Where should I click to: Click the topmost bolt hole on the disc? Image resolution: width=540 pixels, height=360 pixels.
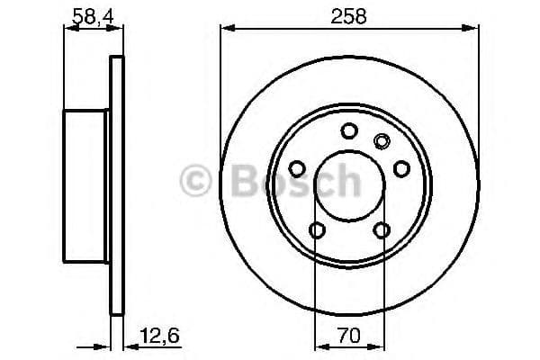348,131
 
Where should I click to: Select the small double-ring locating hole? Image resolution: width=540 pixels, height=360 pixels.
381,140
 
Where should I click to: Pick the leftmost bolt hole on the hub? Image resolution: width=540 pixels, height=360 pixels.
295,170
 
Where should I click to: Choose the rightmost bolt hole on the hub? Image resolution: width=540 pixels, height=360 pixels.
401,170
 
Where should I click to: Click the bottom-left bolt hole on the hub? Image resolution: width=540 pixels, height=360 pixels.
316,231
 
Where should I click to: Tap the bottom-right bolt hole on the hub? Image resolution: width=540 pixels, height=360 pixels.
381,231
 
